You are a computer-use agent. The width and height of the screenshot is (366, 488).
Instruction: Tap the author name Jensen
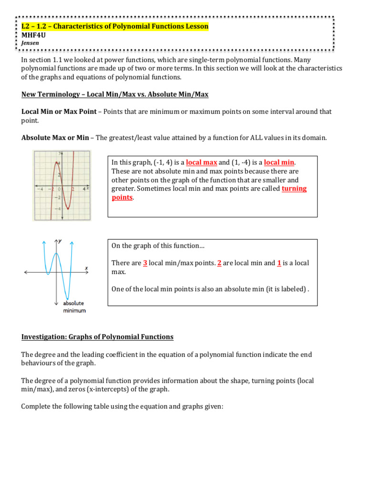pyautogui.click(x=30, y=42)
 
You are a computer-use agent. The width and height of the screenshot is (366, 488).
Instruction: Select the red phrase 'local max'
pyautogui.click(x=201, y=163)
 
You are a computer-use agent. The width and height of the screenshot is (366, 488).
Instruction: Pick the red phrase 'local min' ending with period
pyautogui.click(x=279, y=163)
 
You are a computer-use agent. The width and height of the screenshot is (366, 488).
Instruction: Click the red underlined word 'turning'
pyautogui.click(x=294, y=189)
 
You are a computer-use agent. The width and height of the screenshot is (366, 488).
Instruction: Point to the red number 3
pyautogui.click(x=145, y=263)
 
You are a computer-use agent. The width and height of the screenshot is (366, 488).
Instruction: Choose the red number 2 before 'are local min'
pyautogui.click(x=219, y=263)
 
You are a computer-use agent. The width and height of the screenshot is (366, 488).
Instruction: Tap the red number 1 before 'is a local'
pyautogui.click(x=279, y=263)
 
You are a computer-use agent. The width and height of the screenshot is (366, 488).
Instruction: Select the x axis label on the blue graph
pyautogui.click(x=86, y=268)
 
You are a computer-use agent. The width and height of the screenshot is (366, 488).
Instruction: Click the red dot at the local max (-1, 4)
pyautogui.click(x=56, y=163)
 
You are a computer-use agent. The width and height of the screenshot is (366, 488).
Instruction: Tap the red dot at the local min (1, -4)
pyautogui.click(x=68, y=208)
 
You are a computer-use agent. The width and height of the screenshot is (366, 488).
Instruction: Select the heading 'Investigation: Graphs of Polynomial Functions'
pyautogui.click(x=97, y=337)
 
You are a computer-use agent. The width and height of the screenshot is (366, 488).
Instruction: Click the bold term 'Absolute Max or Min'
pyautogui.click(x=55, y=138)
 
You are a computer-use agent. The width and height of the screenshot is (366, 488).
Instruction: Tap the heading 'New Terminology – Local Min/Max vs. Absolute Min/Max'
pyautogui.click(x=115, y=94)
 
